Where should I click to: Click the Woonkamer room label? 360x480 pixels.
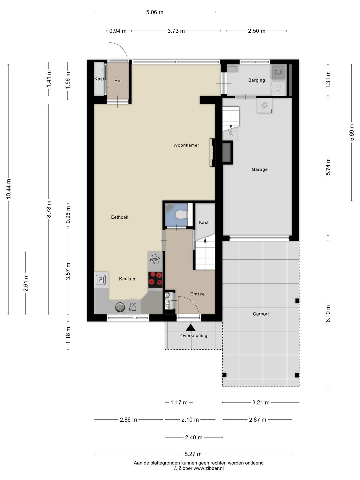186,145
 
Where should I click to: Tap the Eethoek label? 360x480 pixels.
120,217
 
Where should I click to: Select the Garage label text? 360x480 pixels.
259,169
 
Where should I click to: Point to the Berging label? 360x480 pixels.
256,80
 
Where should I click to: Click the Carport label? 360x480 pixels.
261,314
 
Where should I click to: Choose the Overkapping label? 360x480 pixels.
194,335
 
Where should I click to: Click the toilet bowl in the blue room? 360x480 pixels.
181,214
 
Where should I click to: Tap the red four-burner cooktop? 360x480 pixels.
155,280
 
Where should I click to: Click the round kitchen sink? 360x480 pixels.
120,307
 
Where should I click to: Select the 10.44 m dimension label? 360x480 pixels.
9,189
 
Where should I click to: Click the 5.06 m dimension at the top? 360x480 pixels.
155,12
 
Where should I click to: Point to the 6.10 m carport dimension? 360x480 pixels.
328,314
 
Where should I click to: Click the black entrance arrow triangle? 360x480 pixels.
191,328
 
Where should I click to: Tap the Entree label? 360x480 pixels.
197,294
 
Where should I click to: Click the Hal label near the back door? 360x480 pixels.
118,81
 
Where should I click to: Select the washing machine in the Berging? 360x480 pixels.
278,72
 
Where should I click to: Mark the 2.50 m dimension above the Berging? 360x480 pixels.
257,31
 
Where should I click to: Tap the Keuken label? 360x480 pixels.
127,279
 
